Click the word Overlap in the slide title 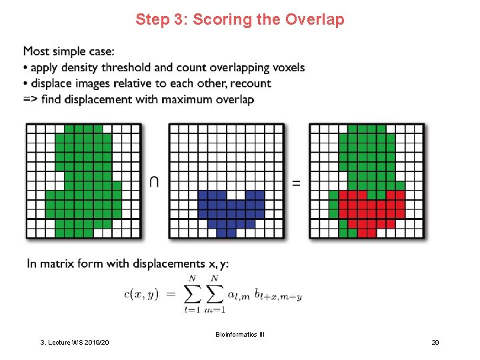tap(315, 19)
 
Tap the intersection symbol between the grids tap(154, 181)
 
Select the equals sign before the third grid tap(296, 182)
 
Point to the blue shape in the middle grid tap(231, 207)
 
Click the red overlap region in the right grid tap(371, 207)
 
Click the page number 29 tap(435, 342)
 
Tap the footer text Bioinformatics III tap(240, 334)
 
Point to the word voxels tap(287, 67)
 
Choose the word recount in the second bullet tap(249, 83)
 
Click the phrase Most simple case tap(69, 51)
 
